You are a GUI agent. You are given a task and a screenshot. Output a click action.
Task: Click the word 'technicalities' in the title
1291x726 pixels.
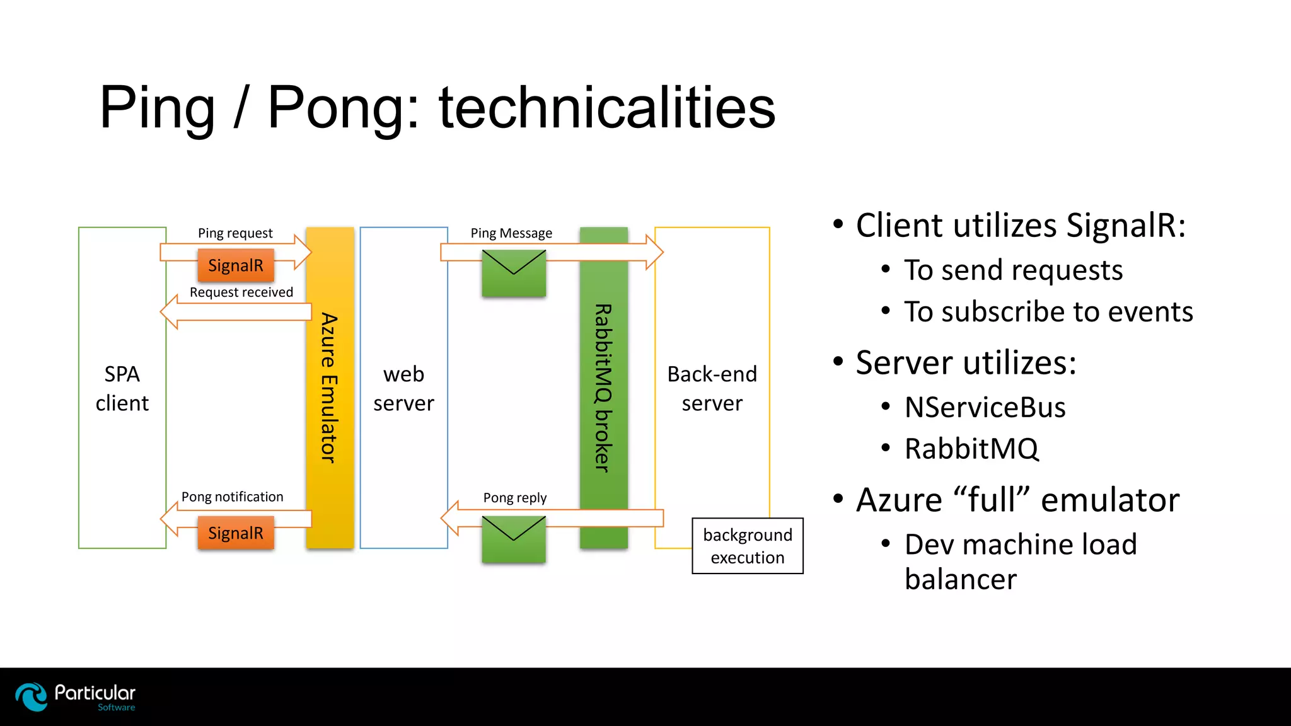point(606,108)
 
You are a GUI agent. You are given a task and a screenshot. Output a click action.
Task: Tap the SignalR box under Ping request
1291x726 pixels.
point(236,265)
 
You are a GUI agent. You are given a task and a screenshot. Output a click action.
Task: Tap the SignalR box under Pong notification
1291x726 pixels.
point(236,533)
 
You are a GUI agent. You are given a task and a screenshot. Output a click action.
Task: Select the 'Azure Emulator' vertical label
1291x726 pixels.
point(329,388)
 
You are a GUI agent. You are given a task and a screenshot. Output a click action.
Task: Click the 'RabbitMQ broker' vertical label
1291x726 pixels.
point(603,388)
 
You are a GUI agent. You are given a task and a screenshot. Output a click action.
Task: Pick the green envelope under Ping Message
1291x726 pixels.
point(514,273)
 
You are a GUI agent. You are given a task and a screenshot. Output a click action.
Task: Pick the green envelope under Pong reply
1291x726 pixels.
point(514,539)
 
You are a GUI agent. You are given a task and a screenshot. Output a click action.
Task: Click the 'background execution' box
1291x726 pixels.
point(748,546)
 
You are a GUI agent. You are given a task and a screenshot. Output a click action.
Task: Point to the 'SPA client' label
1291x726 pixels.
point(122,388)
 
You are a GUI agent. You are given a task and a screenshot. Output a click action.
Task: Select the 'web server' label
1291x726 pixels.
point(403,388)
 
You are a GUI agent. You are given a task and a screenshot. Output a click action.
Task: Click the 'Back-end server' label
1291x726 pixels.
point(712,388)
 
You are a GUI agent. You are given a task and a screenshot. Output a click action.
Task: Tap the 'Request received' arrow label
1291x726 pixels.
point(241,292)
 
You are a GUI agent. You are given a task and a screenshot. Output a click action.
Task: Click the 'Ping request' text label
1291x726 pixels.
point(235,233)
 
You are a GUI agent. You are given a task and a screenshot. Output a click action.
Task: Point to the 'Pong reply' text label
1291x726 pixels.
point(514,498)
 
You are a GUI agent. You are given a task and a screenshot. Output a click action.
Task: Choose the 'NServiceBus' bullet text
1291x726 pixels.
point(985,407)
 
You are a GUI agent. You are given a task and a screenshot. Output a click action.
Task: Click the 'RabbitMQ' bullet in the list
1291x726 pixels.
point(971,449)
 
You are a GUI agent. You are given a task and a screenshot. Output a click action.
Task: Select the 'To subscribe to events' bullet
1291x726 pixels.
point(1048,312)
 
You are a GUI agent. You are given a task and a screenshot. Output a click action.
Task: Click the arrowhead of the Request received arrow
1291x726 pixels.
point(169,311)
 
